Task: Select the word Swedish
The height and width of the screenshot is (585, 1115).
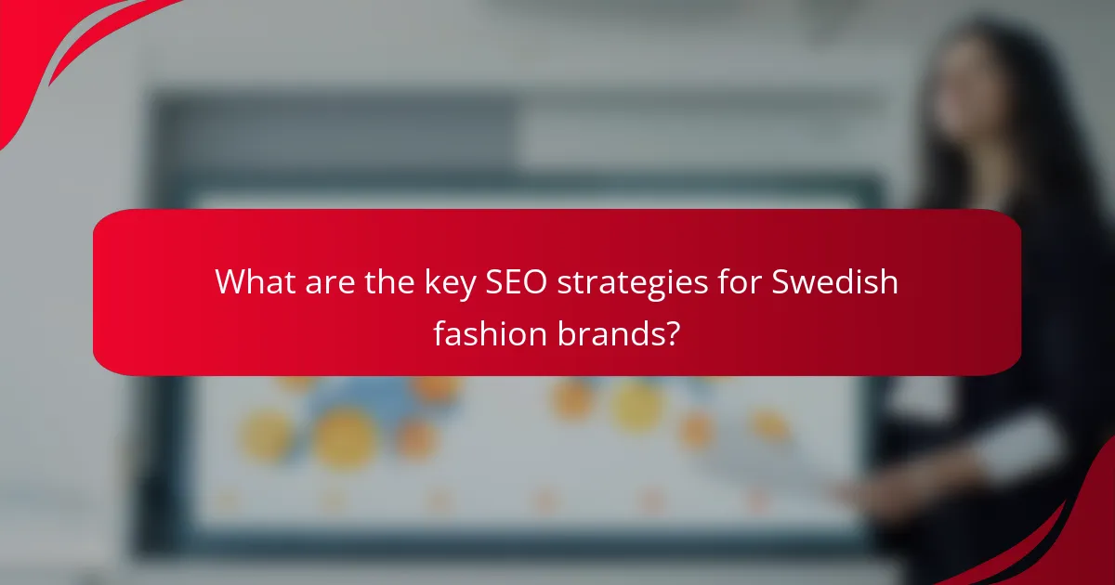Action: point(836,281)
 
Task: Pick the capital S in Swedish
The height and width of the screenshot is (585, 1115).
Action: point(783,281)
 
